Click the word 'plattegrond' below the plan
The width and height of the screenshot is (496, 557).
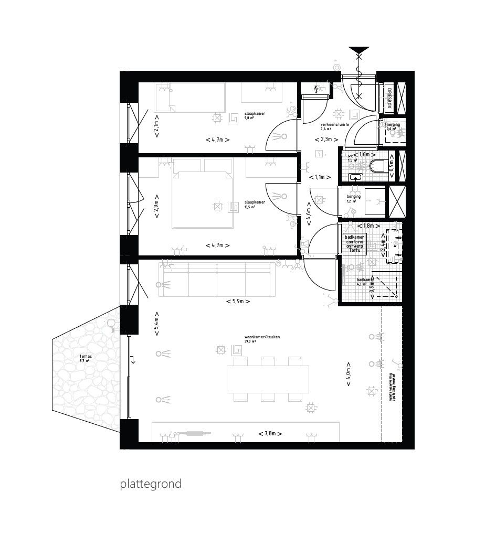point(151,484)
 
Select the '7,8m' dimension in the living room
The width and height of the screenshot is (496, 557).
point(270,434)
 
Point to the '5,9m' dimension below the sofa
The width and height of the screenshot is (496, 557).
point(238,302)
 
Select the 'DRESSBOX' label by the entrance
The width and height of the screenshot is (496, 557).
point(389,98)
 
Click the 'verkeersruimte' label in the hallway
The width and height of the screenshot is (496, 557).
point(335,124)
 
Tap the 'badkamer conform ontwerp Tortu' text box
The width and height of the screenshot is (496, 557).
point(355,244)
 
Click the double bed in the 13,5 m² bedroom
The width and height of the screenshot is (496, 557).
point(202,199)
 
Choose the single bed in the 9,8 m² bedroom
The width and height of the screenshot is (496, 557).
point(190,98)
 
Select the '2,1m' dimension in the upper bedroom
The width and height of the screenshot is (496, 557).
point(156,128)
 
